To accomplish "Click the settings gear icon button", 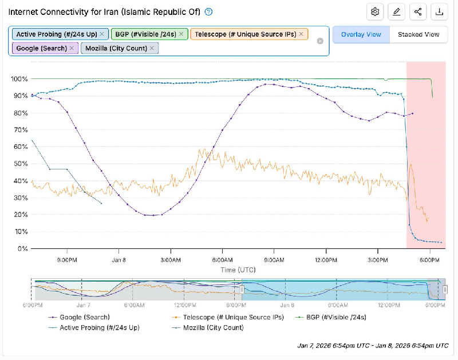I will (376, 11).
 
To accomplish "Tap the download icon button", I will (439, 11).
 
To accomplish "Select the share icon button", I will (418, 11).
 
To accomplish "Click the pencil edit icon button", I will (397, 11).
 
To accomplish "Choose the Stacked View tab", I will (418, 34).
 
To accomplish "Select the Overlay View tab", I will (361, 34).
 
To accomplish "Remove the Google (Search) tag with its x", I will (72, 48).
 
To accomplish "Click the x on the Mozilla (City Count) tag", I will (152, 48).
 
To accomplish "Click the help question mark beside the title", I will (209, 11).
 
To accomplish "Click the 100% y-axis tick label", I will (19, 78).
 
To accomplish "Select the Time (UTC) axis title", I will (238, 270).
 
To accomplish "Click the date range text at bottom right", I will (373, 346).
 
